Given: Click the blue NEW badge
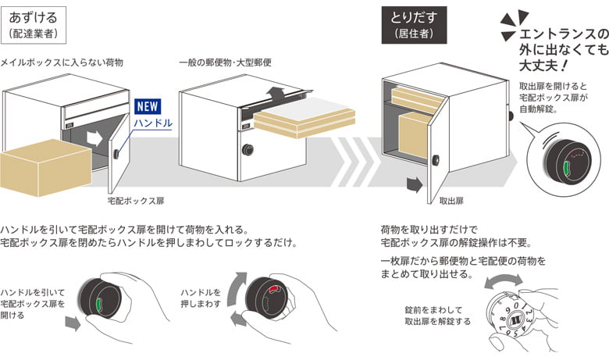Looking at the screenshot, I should point(148,107).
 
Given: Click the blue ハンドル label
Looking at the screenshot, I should point(151,123).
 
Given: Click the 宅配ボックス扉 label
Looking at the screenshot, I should point(136,201).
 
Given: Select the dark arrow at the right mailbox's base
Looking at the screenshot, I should point(413,185).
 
